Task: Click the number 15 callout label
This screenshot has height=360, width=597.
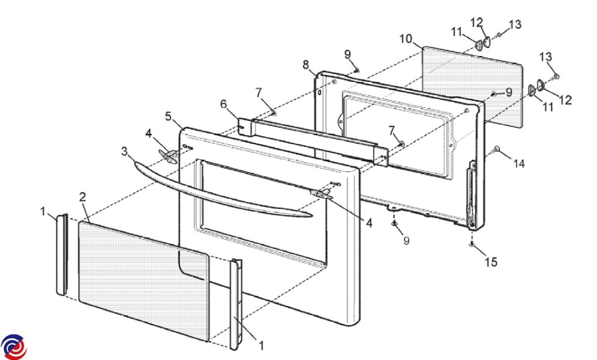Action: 491,262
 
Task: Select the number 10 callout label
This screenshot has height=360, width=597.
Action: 406,39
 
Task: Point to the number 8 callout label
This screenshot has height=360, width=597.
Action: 305,64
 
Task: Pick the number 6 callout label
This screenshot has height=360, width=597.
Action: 223,105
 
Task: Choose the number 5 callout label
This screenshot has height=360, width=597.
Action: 168,116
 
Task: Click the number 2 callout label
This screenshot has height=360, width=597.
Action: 82,196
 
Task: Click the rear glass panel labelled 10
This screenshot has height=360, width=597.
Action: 470,85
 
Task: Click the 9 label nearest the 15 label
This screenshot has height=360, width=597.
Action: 406,240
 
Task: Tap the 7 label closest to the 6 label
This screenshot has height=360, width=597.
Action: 272,93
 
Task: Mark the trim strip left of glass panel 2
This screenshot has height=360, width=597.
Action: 62,254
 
